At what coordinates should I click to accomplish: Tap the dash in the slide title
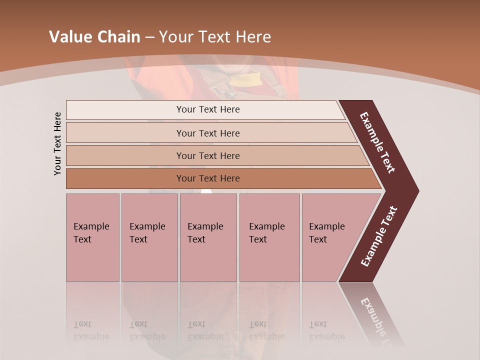point(149,37)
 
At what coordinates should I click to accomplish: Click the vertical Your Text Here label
point(57,144)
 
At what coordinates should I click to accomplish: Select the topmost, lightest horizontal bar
point(207,109)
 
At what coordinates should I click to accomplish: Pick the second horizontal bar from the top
point(207,133)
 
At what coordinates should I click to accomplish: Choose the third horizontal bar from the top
point(207,155)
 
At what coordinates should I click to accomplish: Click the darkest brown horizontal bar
point(207,178)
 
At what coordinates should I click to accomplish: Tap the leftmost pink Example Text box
point(92,237)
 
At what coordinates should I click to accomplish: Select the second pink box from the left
point(149,237)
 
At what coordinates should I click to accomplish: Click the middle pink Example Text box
point(208,237)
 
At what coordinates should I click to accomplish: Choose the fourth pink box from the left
point(269,237)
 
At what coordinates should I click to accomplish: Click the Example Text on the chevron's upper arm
point(377,143)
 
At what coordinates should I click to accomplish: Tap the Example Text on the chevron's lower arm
point(379,236)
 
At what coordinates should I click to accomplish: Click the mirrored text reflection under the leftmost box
point(91,330)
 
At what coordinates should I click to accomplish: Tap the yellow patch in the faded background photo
point(254,79)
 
